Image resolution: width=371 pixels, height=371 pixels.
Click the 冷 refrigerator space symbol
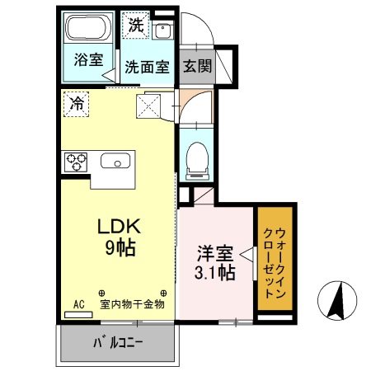[x=75, y=104]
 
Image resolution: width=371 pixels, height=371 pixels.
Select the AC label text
[x=79, y=304]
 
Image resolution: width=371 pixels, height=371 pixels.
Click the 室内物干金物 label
[x=133, y=304]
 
